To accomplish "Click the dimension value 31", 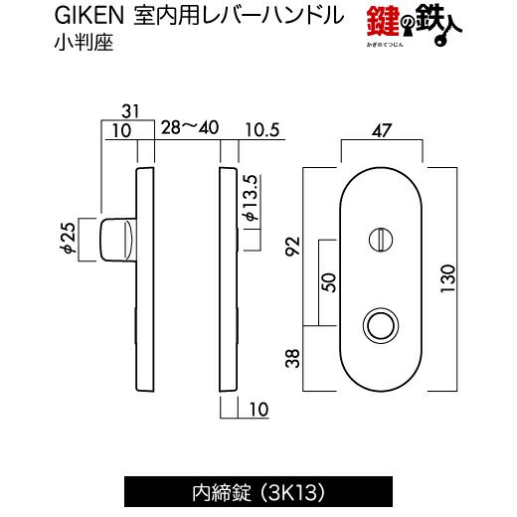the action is [x=130, y=111].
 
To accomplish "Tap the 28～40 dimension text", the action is [x=190, y=127].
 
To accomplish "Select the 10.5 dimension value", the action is [x=262, y=130].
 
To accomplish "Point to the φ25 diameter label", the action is [x=70, y=238].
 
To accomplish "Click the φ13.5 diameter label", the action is [x=251, y=198].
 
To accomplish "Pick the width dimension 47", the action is [x=382, y=130].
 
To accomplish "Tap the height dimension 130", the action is [x=447, y=278].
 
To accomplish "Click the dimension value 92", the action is [x=293, y=246].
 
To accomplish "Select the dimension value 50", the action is [x=329, y=282].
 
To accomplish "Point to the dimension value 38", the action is [x=293, y=359].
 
